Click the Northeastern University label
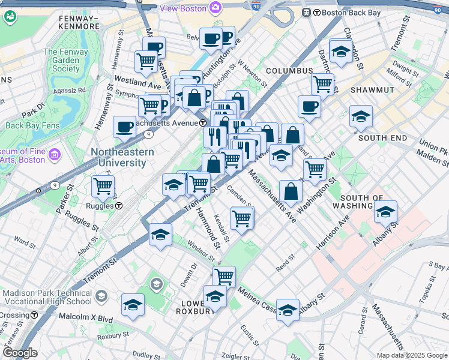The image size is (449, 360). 122,157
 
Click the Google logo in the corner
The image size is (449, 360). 20,353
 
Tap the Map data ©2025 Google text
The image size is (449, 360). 412,355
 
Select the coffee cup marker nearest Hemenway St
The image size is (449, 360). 124,127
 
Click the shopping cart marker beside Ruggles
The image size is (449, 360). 103,186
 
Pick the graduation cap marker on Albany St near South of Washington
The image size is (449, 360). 386,211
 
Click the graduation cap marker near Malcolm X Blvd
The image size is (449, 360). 133,304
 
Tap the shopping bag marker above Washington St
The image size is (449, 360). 291,191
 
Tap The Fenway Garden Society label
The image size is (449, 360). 65,60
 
